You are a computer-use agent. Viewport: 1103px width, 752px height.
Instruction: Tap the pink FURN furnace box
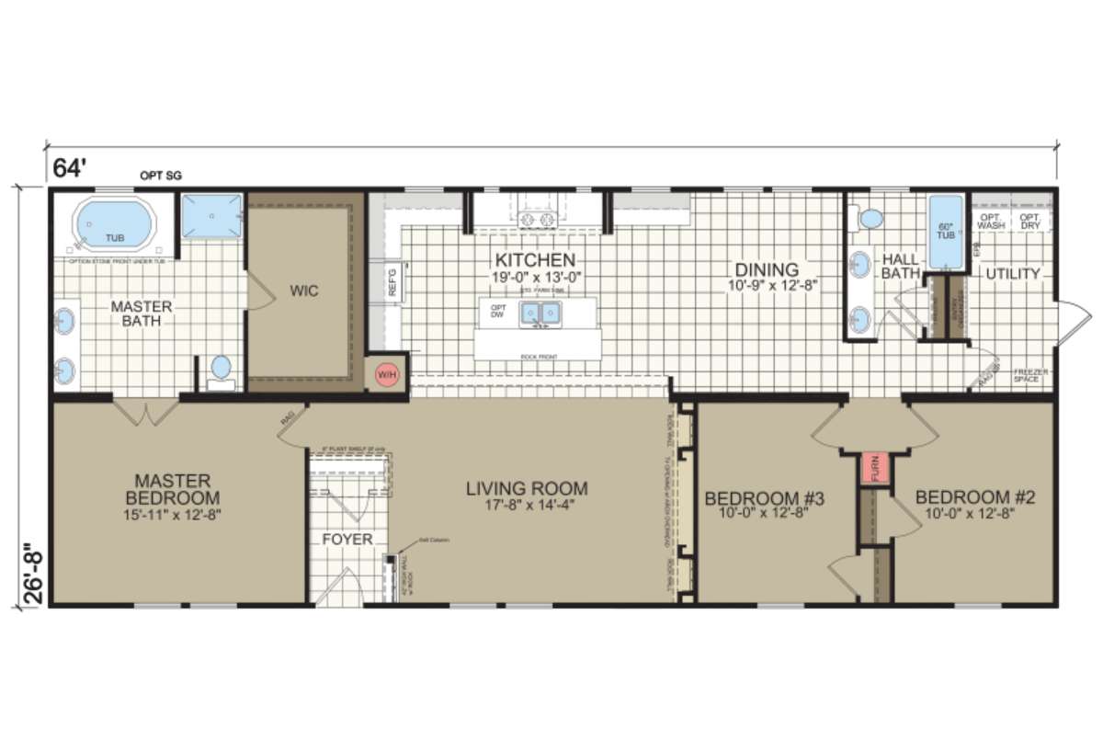tap(871, 468)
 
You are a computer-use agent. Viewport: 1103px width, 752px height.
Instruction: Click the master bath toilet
tap(222, 369)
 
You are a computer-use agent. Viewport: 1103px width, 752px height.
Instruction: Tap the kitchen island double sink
tap(541, 315)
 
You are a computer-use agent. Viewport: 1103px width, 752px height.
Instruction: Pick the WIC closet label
tap(304, 291)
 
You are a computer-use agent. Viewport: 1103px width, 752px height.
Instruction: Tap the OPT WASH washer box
tap(991, 221)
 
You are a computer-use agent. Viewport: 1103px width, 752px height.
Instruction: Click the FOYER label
tap(347, 540)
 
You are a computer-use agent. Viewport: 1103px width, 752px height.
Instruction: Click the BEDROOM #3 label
tap(764, 498)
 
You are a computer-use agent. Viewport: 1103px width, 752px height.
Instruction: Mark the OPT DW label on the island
tap(499, 313)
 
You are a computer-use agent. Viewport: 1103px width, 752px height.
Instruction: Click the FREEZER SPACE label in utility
tap(1030, 376)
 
